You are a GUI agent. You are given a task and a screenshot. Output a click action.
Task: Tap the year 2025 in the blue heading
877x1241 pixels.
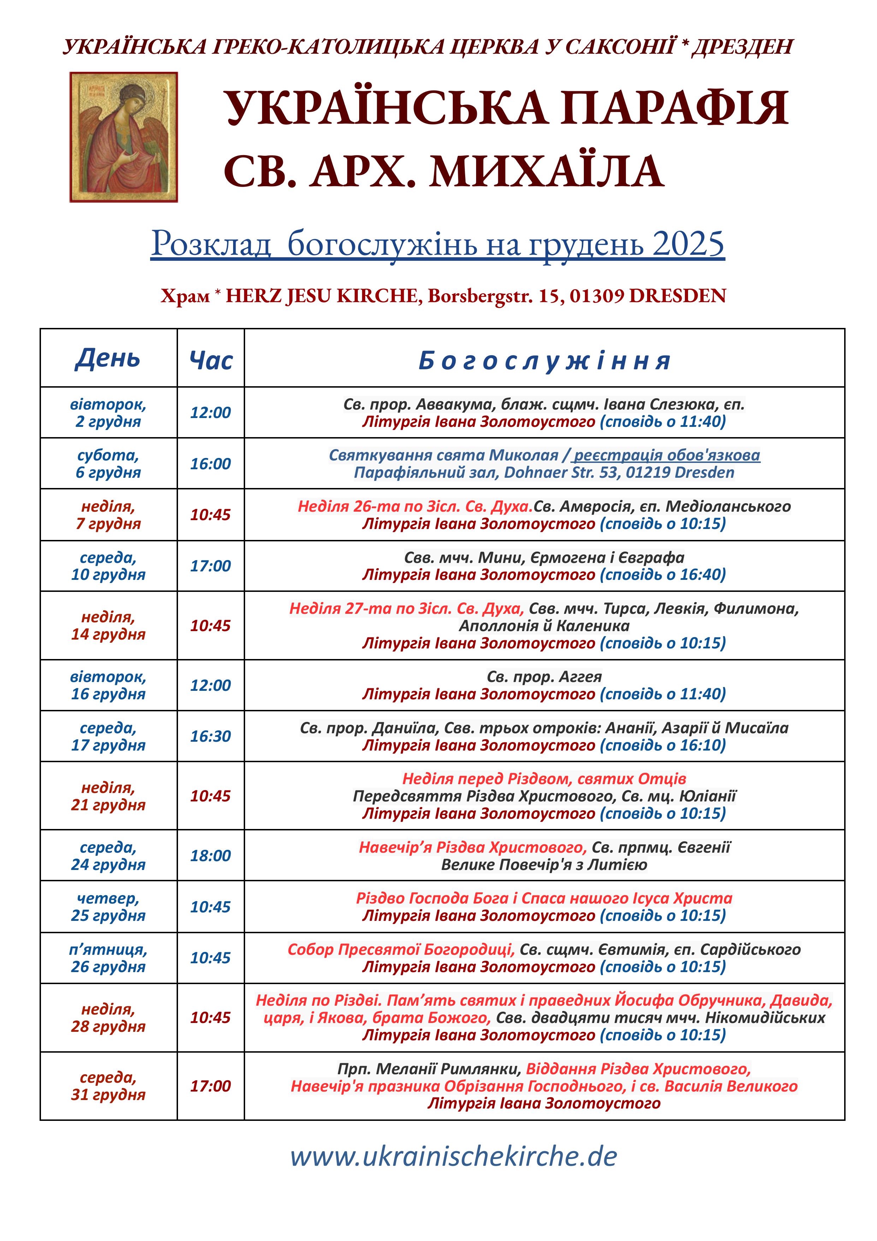pyautogui.click(x=688, y=244)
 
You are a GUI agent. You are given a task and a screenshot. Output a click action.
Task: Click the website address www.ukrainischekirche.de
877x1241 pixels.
pyautogui.click(x=454, y=1157)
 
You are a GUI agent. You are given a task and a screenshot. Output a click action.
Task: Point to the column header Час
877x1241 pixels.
pyautogui.click(x=211, y=360)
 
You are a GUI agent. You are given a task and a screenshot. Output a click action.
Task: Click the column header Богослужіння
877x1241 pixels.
pyautogui.click(x=544, y=360)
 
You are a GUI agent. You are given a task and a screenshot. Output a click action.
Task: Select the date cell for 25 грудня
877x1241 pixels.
pyautogui.click(x=108, y=906)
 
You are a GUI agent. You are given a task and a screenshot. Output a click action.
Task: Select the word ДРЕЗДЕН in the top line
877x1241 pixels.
pyautogui.click(x=742, y=47)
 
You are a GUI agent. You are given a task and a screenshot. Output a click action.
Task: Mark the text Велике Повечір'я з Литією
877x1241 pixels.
pyautogui.click(x=544, y=864)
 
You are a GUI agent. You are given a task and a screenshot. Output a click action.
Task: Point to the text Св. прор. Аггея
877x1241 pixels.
pyautogui.click(x=544, y=677)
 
